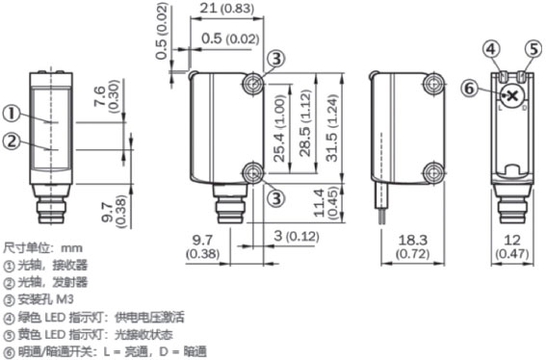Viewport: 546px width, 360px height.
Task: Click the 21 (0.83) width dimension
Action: tap(226, 9)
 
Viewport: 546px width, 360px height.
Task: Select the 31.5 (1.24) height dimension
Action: tap(332, 128)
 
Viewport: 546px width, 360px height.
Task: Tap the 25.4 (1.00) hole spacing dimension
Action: tap(279, 128)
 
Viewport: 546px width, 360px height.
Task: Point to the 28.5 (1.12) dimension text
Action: tap(305, 123)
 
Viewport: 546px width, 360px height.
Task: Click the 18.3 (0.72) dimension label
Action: tap(413, 246)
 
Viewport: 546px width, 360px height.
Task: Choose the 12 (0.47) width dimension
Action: tap(512, 246)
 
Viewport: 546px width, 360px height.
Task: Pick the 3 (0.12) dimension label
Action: tap(296, 237)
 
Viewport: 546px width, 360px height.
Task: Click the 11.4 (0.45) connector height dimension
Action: tap(325, 203)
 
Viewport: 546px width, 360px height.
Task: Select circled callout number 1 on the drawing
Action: tap(12, 114)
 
